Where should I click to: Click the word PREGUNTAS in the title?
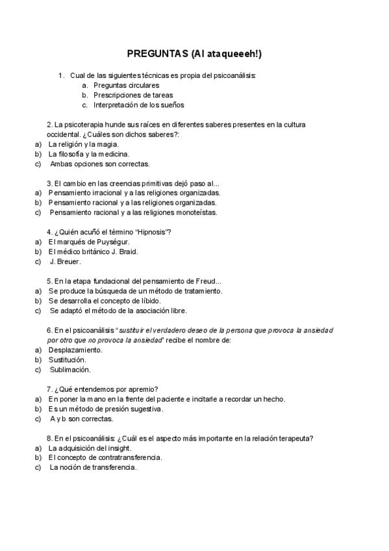tap(153, 55)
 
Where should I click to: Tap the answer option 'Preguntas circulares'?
tap(126, 85)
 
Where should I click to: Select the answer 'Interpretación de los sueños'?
tap(138, 105)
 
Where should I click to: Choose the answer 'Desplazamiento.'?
tap(75, 350)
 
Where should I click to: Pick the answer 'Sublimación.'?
tap(71, 369)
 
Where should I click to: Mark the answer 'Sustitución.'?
tap(67, 359)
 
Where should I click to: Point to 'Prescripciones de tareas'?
tap(132, 95)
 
